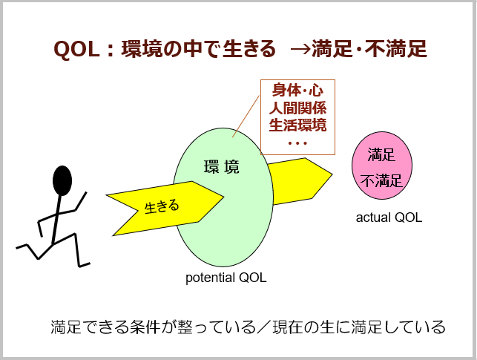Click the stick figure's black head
(x=62, y=180)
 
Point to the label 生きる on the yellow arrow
(x=162, y=205)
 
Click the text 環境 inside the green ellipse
(x=222, y=167)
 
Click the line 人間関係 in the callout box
(x=297, y=108)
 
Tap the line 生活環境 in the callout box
(x=297, y=125)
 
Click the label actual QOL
(x=389, y=218)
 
